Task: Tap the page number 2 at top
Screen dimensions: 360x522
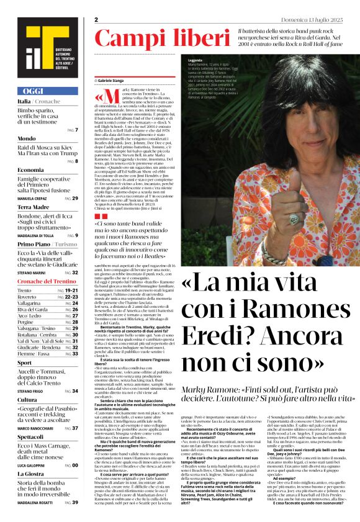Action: (x=97, y=19)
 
